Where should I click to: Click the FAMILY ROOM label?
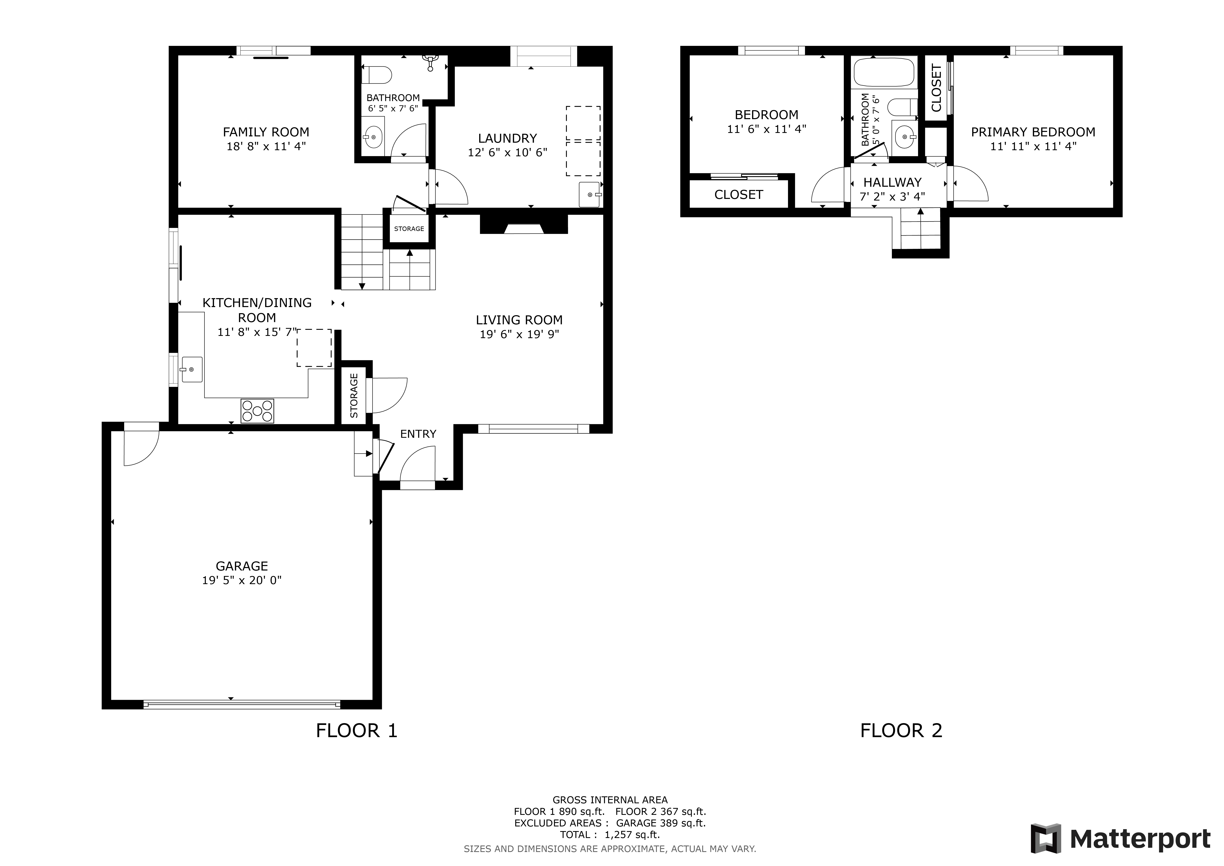[266, 132]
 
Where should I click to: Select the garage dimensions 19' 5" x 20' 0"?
[241, 580]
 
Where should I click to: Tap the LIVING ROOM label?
[519, 320]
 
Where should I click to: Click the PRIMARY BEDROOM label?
[1033, 132]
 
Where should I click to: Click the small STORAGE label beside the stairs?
[409, 229]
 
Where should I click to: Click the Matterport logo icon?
[1046, 839]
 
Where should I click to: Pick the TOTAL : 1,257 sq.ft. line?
[610, 835]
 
